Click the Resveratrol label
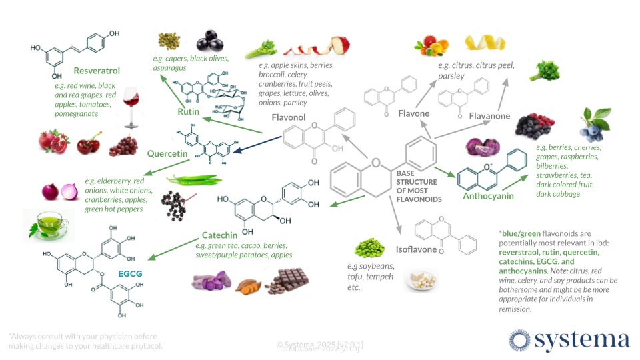coord(97,70)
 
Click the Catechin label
coord(221,235)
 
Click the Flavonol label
coord(288,118)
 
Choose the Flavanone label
coord(489,116)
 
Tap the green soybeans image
coord(369,249)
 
